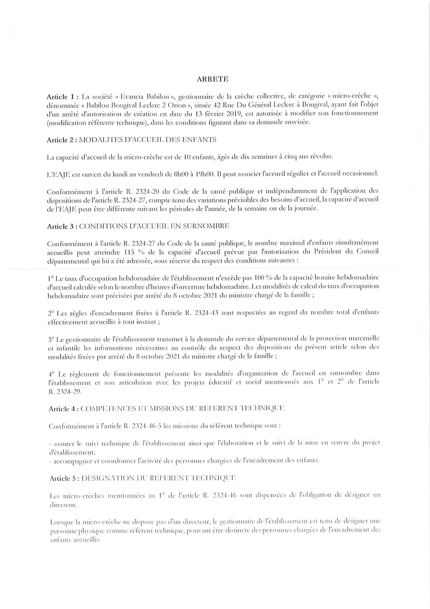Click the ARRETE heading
click(212, 79)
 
